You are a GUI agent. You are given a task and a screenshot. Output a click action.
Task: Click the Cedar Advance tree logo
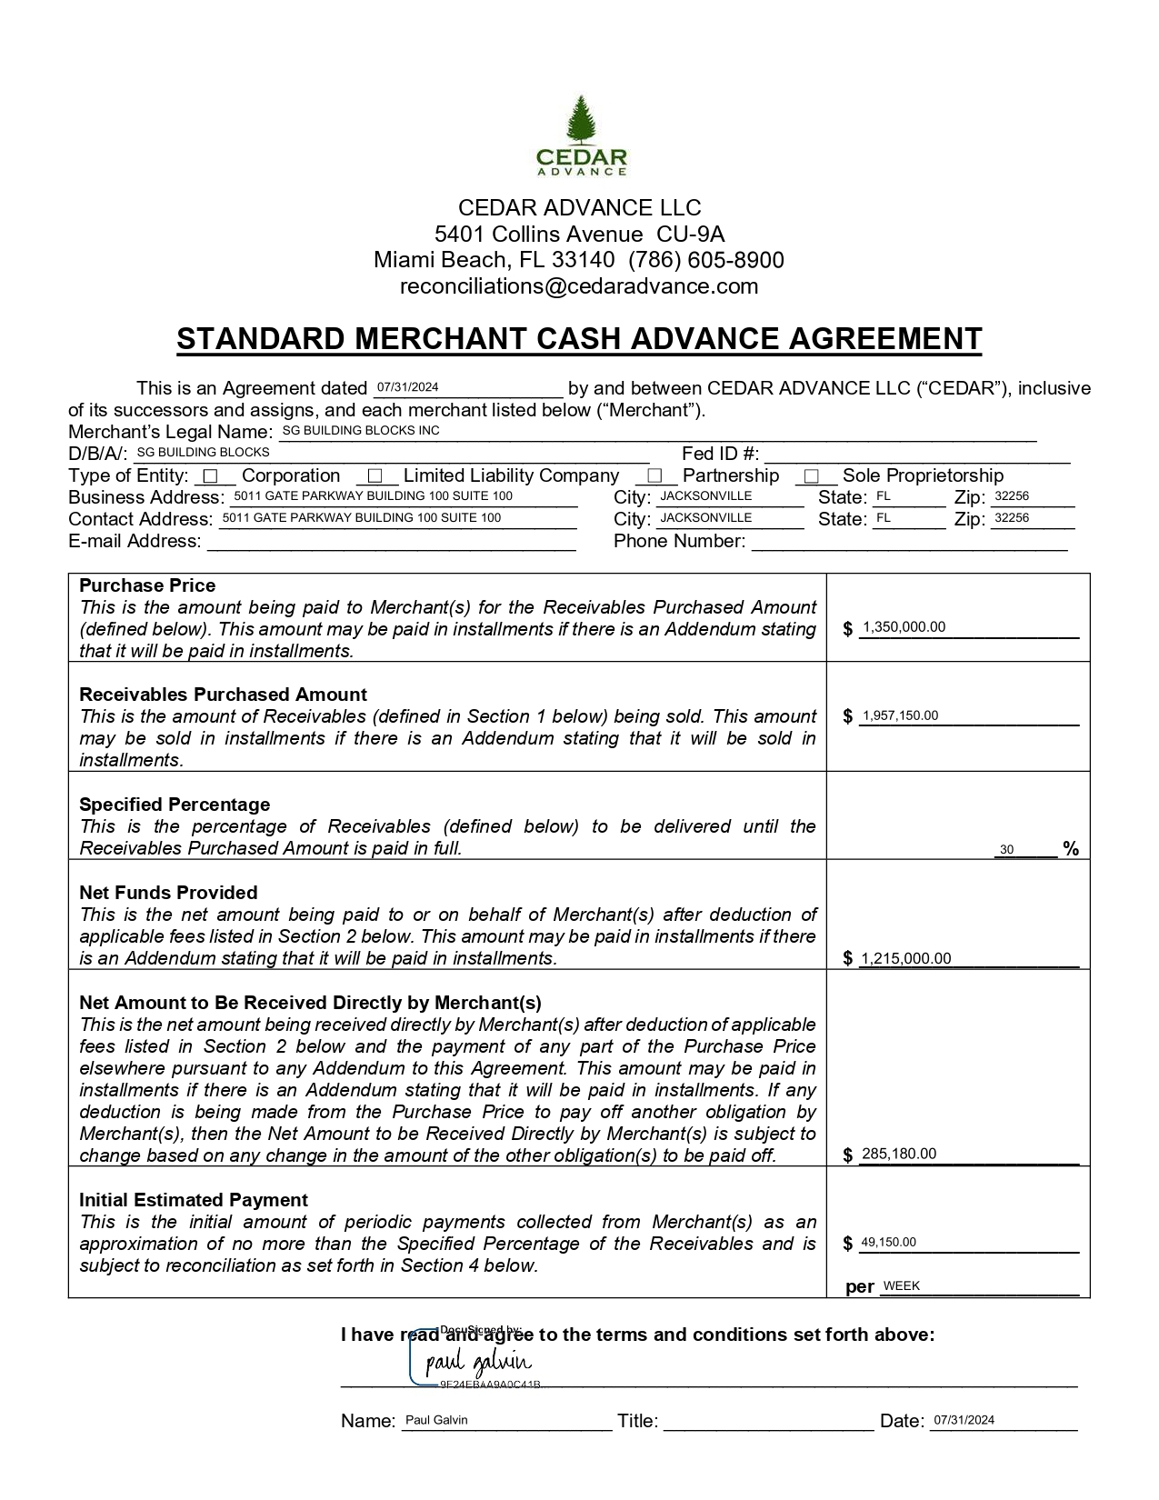click(580, 135)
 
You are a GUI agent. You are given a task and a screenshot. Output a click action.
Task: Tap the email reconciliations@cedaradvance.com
click(579, 286)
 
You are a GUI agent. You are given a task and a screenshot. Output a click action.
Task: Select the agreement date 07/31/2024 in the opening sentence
click(408, 387)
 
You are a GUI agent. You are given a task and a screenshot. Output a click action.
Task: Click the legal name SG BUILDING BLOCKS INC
click(361, 430)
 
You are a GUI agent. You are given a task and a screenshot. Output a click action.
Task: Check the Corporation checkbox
click(211, 475)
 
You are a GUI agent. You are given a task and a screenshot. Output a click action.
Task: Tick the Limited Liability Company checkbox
click(375, 475)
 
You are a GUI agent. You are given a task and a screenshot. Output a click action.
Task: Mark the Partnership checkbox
click(654, 475)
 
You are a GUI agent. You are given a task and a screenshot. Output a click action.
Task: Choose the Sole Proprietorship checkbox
click(812, 475)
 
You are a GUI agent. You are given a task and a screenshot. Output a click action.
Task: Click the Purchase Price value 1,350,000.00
click(904, 626)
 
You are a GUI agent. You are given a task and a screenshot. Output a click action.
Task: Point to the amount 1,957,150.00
click(900, 715)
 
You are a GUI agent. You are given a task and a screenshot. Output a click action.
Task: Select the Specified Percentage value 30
click(1006, 849)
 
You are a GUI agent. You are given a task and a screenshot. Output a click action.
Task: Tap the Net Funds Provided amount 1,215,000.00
click(905, 958)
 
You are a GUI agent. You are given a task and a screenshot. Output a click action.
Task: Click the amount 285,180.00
click(898, 1154)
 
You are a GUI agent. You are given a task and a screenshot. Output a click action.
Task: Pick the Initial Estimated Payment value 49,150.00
click(888, 1242)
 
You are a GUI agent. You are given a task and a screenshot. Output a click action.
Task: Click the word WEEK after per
click(902, 1285)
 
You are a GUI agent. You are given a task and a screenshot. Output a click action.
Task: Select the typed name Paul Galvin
click(436, 1420)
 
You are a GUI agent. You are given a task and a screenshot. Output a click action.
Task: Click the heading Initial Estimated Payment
click(194, 1200)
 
